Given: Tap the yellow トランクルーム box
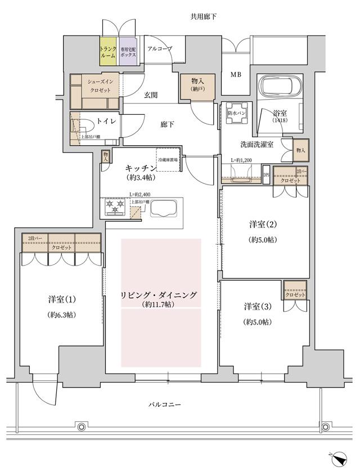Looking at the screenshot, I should pyautogui.click(x=108, y=52).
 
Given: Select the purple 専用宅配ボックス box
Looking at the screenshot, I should pyautogui.click(x=127, y=52).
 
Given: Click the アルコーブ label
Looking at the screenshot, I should pyautogui.click(x=159, y=49).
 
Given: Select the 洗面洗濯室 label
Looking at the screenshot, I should pyautogui.click(x=254, y=145).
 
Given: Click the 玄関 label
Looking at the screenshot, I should pyautogui.click(x=150, y=95).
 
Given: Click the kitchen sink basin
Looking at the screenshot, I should pyautogui.click(x=164, y=209).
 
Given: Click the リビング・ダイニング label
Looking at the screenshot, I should pyautogui.click(x=161, y=295).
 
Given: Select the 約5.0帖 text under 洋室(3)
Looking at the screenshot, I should pyautogui.click(x=258, y=322).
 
